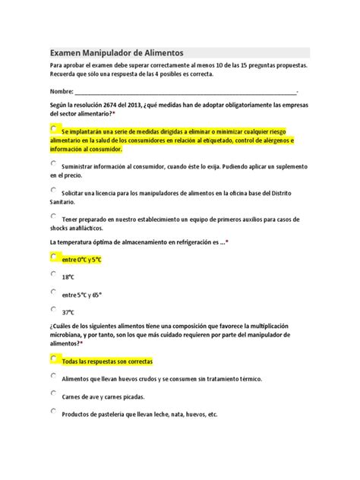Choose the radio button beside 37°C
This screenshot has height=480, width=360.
pyautogui.click(x=53, y=309)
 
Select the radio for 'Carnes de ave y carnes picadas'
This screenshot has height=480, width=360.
pyautogui.click(x=53, y=393)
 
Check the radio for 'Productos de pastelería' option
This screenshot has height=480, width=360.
pyautogui.click(x=53, y=411)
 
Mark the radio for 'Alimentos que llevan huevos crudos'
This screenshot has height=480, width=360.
pyautogui.click(x=53, y=374)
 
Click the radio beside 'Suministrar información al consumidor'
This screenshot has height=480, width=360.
pyautogui.click(x=53, y=163)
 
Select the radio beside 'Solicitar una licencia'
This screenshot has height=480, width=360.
pyautogui.click(x=53, y=190)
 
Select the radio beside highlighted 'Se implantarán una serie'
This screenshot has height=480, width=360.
pyautogui.click(x=53, y=128)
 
